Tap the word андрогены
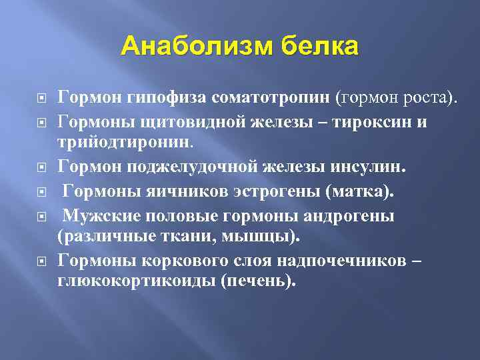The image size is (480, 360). [345, 217]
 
